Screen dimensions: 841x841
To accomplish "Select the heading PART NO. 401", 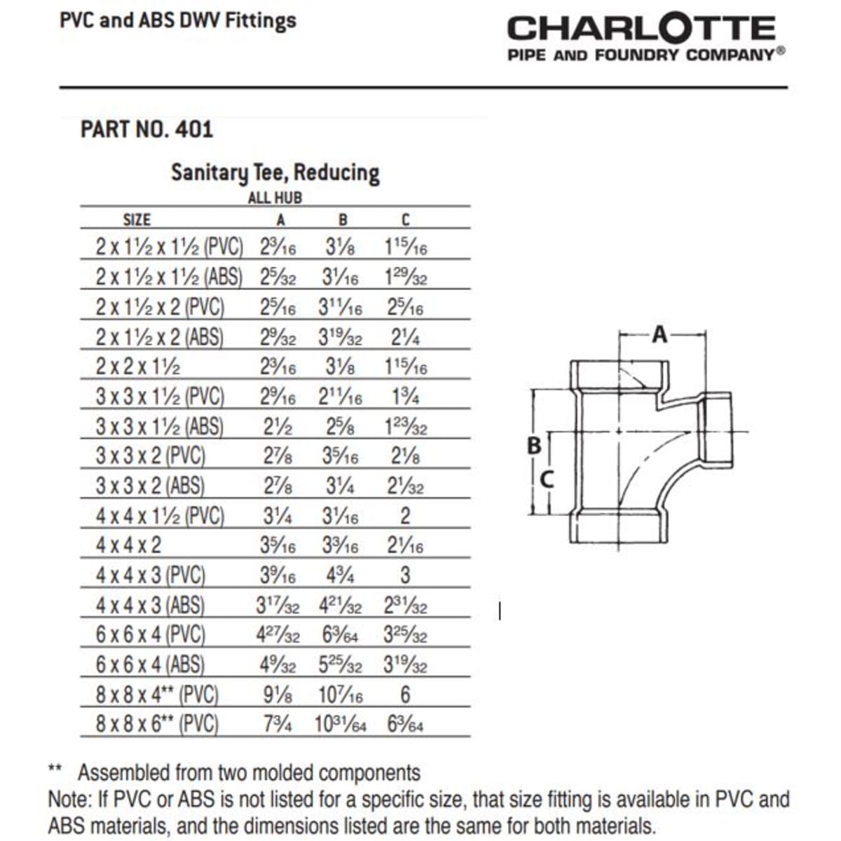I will point(146,129).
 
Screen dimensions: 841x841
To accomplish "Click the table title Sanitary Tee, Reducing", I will point(275,172).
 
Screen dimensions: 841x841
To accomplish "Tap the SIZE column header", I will point(137,220).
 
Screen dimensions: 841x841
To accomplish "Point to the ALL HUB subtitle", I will point(275,198).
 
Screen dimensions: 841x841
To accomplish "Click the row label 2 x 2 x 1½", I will point(138,367).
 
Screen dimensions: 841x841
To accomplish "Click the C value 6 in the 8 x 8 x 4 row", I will point(405,695).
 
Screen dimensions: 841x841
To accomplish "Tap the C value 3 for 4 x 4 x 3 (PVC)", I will point(405,575).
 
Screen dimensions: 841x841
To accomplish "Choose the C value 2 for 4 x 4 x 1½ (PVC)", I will point(405,517).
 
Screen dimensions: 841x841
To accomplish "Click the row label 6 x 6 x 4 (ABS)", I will point(150,664).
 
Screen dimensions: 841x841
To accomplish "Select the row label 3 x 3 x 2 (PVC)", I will point(150,456).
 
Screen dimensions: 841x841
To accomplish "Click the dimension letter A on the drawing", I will point(659,335).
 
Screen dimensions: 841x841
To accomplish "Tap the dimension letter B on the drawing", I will point(534,445).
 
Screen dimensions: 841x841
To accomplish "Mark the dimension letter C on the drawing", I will point(548,479).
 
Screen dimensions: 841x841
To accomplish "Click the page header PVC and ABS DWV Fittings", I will point(178,20).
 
